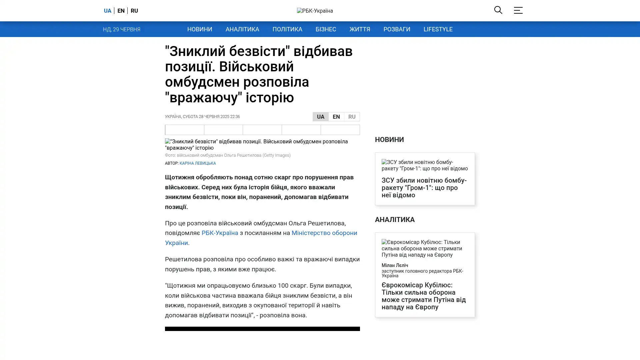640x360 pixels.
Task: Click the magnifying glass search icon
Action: click(x=498, y=10)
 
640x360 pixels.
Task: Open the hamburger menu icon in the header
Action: click(x=518, y=10)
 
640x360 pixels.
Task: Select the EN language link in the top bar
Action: click(x=121, y=11)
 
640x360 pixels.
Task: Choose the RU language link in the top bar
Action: click(x=134, y=11)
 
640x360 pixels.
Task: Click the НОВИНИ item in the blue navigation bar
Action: click(x=200, y=29)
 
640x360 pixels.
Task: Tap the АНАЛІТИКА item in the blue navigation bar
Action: click(x=242, y=29)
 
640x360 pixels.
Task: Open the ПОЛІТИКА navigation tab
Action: click(x=287, y=29)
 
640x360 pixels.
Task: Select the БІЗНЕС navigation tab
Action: click(x=326, y=29)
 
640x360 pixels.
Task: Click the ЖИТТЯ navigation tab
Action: click(x=360, y=29)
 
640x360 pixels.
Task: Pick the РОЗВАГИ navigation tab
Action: click(x=397, y=29)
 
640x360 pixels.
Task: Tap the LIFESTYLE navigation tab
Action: click(x=438, y=29)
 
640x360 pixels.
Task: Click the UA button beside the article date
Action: click(x=321, y=117)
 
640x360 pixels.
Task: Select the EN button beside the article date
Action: click(x=336, y=117)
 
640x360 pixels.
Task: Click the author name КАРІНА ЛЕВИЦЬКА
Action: click(x=198, y=163)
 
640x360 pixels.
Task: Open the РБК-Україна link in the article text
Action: click(x=220, y=233)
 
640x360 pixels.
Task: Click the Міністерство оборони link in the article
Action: click(x=324, y=233)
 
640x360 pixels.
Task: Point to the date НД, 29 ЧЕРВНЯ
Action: click(x=122, y=30)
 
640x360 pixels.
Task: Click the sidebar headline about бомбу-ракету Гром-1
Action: click(x=424, y=188)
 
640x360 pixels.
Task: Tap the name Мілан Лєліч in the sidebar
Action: click(x=395, y=265)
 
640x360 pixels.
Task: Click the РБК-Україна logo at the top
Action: click(x=315, y=11)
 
